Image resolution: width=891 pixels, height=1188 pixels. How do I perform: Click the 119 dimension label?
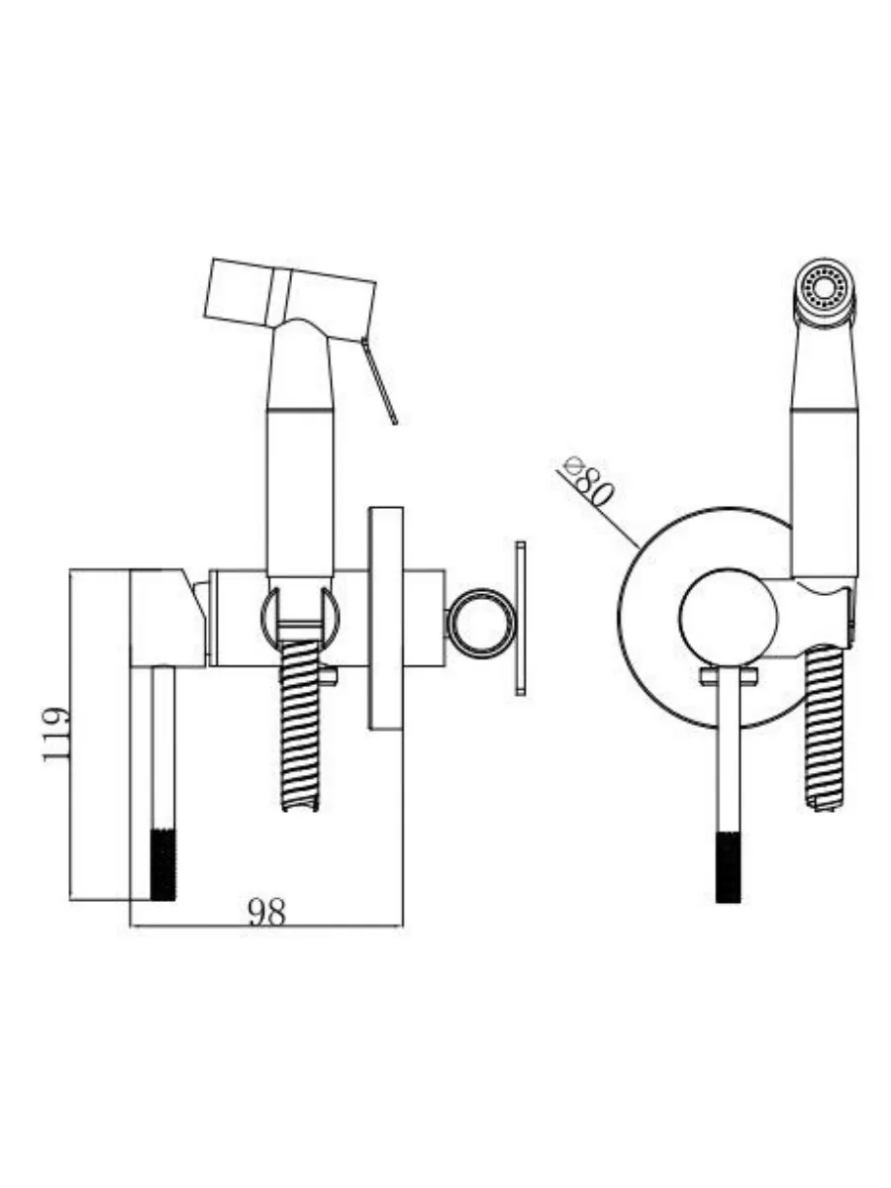56,734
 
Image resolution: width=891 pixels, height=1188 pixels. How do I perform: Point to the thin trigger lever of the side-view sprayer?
379,380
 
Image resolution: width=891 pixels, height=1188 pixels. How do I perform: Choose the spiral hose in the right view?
824,728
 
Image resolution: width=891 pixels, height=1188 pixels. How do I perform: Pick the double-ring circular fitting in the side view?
481,623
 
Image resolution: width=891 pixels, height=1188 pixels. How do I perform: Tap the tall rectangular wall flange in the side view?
386,619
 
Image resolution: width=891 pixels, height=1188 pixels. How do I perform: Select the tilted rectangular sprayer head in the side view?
290,299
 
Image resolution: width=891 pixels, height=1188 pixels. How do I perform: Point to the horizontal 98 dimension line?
266,926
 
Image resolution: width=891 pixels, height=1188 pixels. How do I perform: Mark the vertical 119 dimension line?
71,735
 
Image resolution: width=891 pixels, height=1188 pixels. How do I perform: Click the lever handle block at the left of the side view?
167,618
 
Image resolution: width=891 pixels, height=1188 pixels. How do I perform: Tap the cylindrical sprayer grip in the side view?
300,491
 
